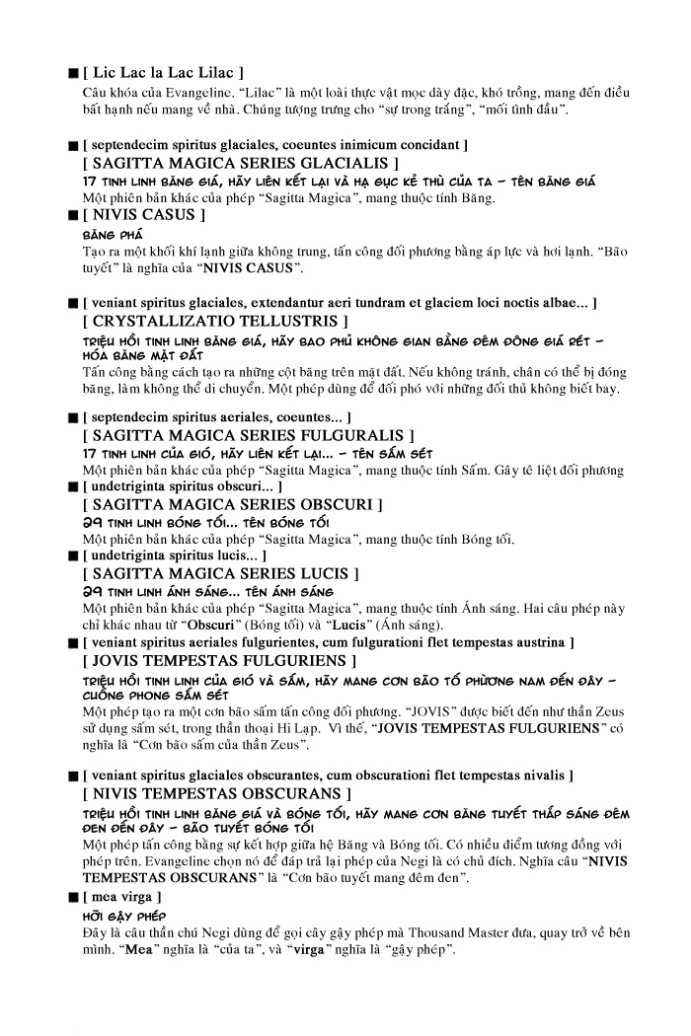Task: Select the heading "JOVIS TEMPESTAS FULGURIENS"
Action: (220, 660)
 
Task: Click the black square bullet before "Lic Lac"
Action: (73, 74)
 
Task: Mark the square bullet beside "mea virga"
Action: (73, 897)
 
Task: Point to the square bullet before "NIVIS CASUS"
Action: (73, 215)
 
